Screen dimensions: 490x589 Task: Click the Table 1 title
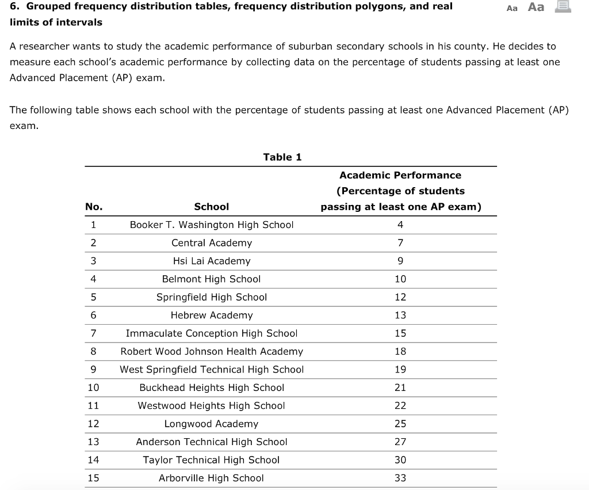[x=282, y=157]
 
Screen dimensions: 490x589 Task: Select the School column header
[x=211, y=207]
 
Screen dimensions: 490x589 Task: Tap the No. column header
[x=94, y=207]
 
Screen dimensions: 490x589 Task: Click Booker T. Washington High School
[x=211, y=225]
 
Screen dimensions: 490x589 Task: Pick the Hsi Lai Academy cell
[x=211, y=261]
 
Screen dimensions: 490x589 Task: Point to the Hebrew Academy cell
[x=211, y=316]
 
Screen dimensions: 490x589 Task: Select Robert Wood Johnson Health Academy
[x=211, y=352]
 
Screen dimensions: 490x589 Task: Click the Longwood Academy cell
[x=211, y=424]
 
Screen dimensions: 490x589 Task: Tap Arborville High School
[x=211, y=478]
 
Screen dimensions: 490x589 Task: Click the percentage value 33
[x=400, y=478]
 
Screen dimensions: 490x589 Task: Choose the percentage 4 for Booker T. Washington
[x=400, y=225]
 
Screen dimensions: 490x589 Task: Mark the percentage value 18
[x=400, y=352]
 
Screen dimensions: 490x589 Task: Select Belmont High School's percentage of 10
[x=400, y=279]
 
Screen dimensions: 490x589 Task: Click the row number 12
[x=93, y=424]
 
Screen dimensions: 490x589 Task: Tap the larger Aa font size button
[x=536, y=7]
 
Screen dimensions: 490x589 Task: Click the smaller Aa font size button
[x=512, y=8]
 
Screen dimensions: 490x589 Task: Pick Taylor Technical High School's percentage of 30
[x=400, y=460]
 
